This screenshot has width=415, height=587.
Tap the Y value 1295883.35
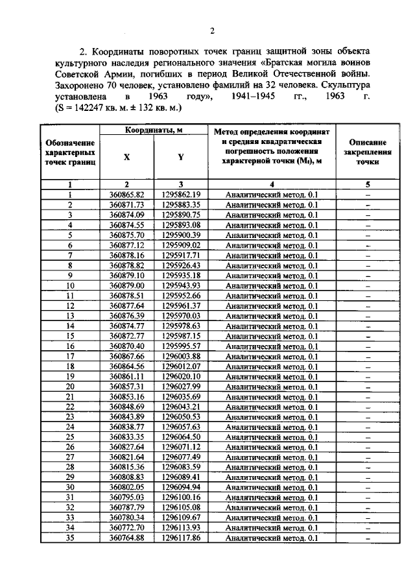[x=182, y=205]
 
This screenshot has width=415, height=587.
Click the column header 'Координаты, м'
[x=153, y=130]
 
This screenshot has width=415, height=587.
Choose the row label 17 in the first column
[x=71, y=356]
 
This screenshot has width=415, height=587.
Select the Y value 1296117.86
[x=182, y=538]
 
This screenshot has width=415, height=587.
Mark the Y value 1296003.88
[x=182, y=356]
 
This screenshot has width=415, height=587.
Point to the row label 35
[x=71, y=538]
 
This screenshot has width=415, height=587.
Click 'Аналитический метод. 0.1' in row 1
[x=272, y=195]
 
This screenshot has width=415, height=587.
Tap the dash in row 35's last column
[x=367, y=538]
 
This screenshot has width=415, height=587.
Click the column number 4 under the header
[x=272, y=184]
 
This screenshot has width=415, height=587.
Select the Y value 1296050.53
[x=182, y=416]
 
